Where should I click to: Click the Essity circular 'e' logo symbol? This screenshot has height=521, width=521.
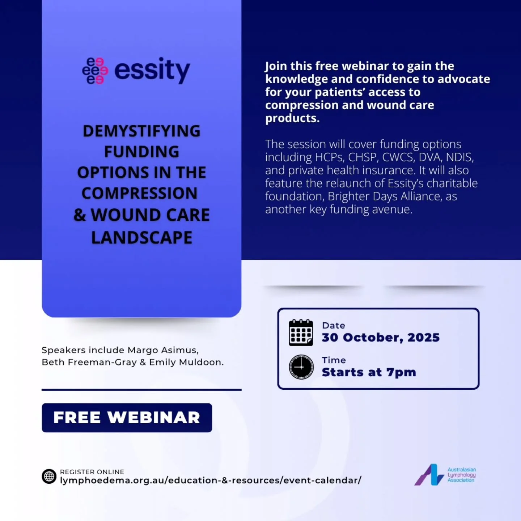coord(95,71)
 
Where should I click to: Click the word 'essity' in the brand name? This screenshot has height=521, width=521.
coord(152,70)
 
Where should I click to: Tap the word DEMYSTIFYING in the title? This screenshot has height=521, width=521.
coord(141,131)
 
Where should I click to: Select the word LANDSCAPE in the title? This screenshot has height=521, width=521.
coord(141,238)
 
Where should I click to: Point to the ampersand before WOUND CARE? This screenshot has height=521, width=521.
coord(80,215)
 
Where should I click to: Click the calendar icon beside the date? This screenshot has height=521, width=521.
coord(301,332)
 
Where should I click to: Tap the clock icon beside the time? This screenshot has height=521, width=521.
coord(301,367)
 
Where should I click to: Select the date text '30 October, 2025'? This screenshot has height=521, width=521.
coord(381,338)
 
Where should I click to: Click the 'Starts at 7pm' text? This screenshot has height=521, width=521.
coord(369,372)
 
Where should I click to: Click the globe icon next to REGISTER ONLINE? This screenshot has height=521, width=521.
coord(49,476)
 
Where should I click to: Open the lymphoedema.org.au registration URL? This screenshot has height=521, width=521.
coord(211,480)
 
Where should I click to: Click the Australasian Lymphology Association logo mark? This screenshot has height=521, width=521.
coord(429,475)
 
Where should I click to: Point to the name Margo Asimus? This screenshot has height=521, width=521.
coord(163,350)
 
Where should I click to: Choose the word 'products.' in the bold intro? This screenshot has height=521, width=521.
coord(292,118)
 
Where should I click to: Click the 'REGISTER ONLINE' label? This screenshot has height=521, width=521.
coord(92,472)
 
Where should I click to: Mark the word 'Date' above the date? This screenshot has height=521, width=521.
coord(333,326)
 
